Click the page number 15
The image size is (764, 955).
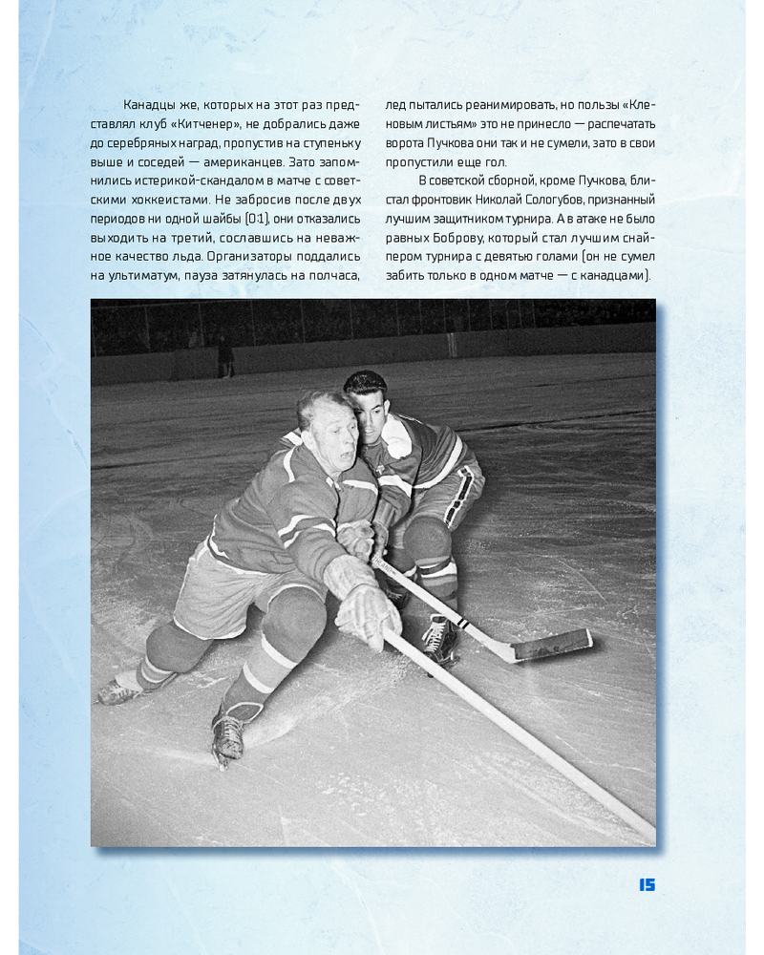pos(647,885)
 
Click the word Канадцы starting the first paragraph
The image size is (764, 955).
pos(153,104)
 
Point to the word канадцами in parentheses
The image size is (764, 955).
pos(615,274)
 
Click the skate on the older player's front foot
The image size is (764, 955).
pos(228,735)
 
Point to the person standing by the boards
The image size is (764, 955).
pos(225,354)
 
